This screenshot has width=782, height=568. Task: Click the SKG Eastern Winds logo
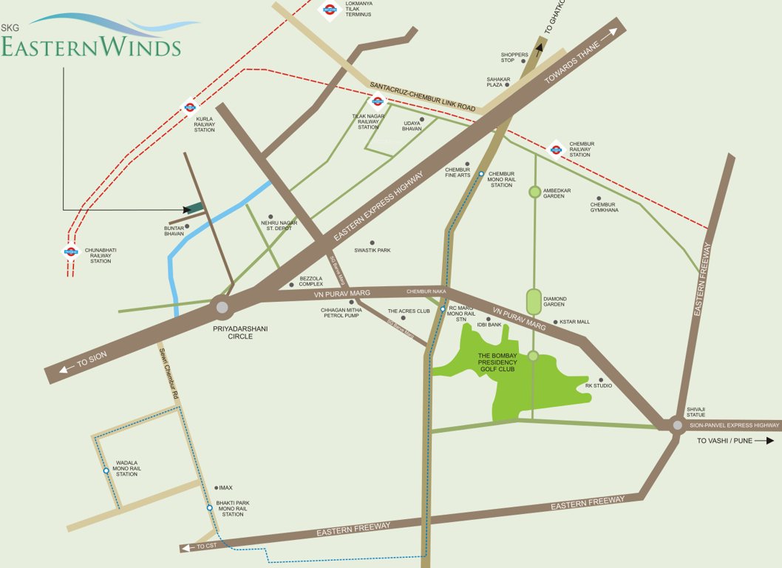coord(92,37)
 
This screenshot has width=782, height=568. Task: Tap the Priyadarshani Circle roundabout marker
coord(221,306)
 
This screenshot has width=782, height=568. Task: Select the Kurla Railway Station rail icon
coord(189,106)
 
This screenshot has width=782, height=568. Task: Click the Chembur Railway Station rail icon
coord(557,149)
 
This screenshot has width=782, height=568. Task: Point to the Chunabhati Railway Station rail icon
coord(71,251)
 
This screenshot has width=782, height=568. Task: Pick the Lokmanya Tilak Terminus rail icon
coord(330,10)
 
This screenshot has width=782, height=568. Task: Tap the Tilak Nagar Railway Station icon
coord(378,102)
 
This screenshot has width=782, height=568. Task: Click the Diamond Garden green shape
coord(534,301)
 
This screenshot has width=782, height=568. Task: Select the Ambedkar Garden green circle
coord(534,192)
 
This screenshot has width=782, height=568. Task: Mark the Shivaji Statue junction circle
coord(676,425)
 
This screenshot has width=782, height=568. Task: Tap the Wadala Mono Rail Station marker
coord(106,470)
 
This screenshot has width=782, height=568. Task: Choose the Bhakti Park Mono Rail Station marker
coord(210,507)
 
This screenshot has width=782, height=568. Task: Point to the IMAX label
coord(225,487)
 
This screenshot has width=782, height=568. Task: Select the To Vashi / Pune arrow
coord(769,441)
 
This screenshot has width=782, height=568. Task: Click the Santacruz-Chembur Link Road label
coord(422,97)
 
